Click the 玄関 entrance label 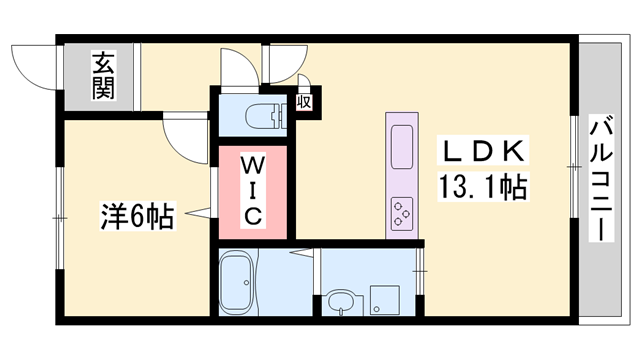pyautogui.click(x=104, y=75)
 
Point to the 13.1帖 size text pyautogui.click(x=481, y=185)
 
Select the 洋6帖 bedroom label pyautogui.click(x=137, y=215)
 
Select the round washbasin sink pyautogui.click(x=341, y=301)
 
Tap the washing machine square pyautogui.click(x=387, y=297)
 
